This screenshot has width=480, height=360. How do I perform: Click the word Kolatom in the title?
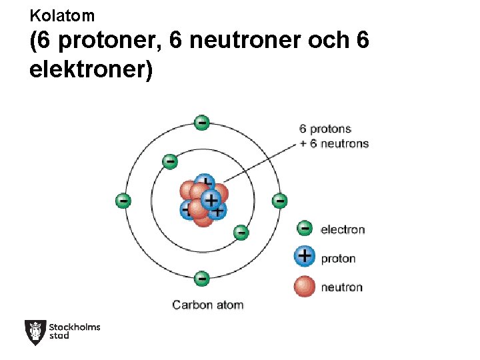(62, 15)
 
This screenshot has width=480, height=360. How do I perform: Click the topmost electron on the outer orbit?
(201, 123)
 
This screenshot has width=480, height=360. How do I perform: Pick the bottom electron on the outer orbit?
(202, 278)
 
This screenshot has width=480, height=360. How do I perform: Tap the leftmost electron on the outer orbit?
(123, 201)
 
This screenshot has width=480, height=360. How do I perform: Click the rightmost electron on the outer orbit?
(279, 201)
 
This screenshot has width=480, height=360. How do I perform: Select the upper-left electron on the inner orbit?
(170, 161)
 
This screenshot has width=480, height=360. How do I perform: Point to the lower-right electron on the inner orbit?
(241, 233)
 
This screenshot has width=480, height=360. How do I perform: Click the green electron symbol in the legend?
(305, 229)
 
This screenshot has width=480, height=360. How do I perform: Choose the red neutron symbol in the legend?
(305, 286)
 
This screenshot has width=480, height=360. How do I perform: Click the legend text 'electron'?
(343, 230)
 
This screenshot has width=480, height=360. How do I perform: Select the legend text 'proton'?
(338, 259)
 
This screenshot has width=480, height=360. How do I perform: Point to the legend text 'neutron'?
(341, 287)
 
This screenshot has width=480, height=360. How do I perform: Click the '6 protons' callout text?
(325, 129)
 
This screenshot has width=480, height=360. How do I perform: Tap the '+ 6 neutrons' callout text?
(334, 143)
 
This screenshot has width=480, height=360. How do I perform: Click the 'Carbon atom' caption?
(208, 305)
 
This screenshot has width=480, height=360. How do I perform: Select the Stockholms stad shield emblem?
(35, 332)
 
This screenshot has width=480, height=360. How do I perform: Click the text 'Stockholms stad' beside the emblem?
(75, 331)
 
